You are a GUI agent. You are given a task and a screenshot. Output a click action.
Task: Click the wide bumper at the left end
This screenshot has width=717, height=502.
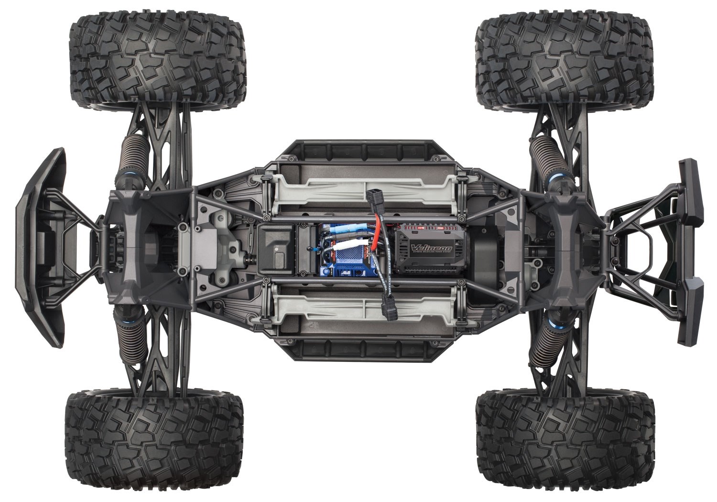41,246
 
